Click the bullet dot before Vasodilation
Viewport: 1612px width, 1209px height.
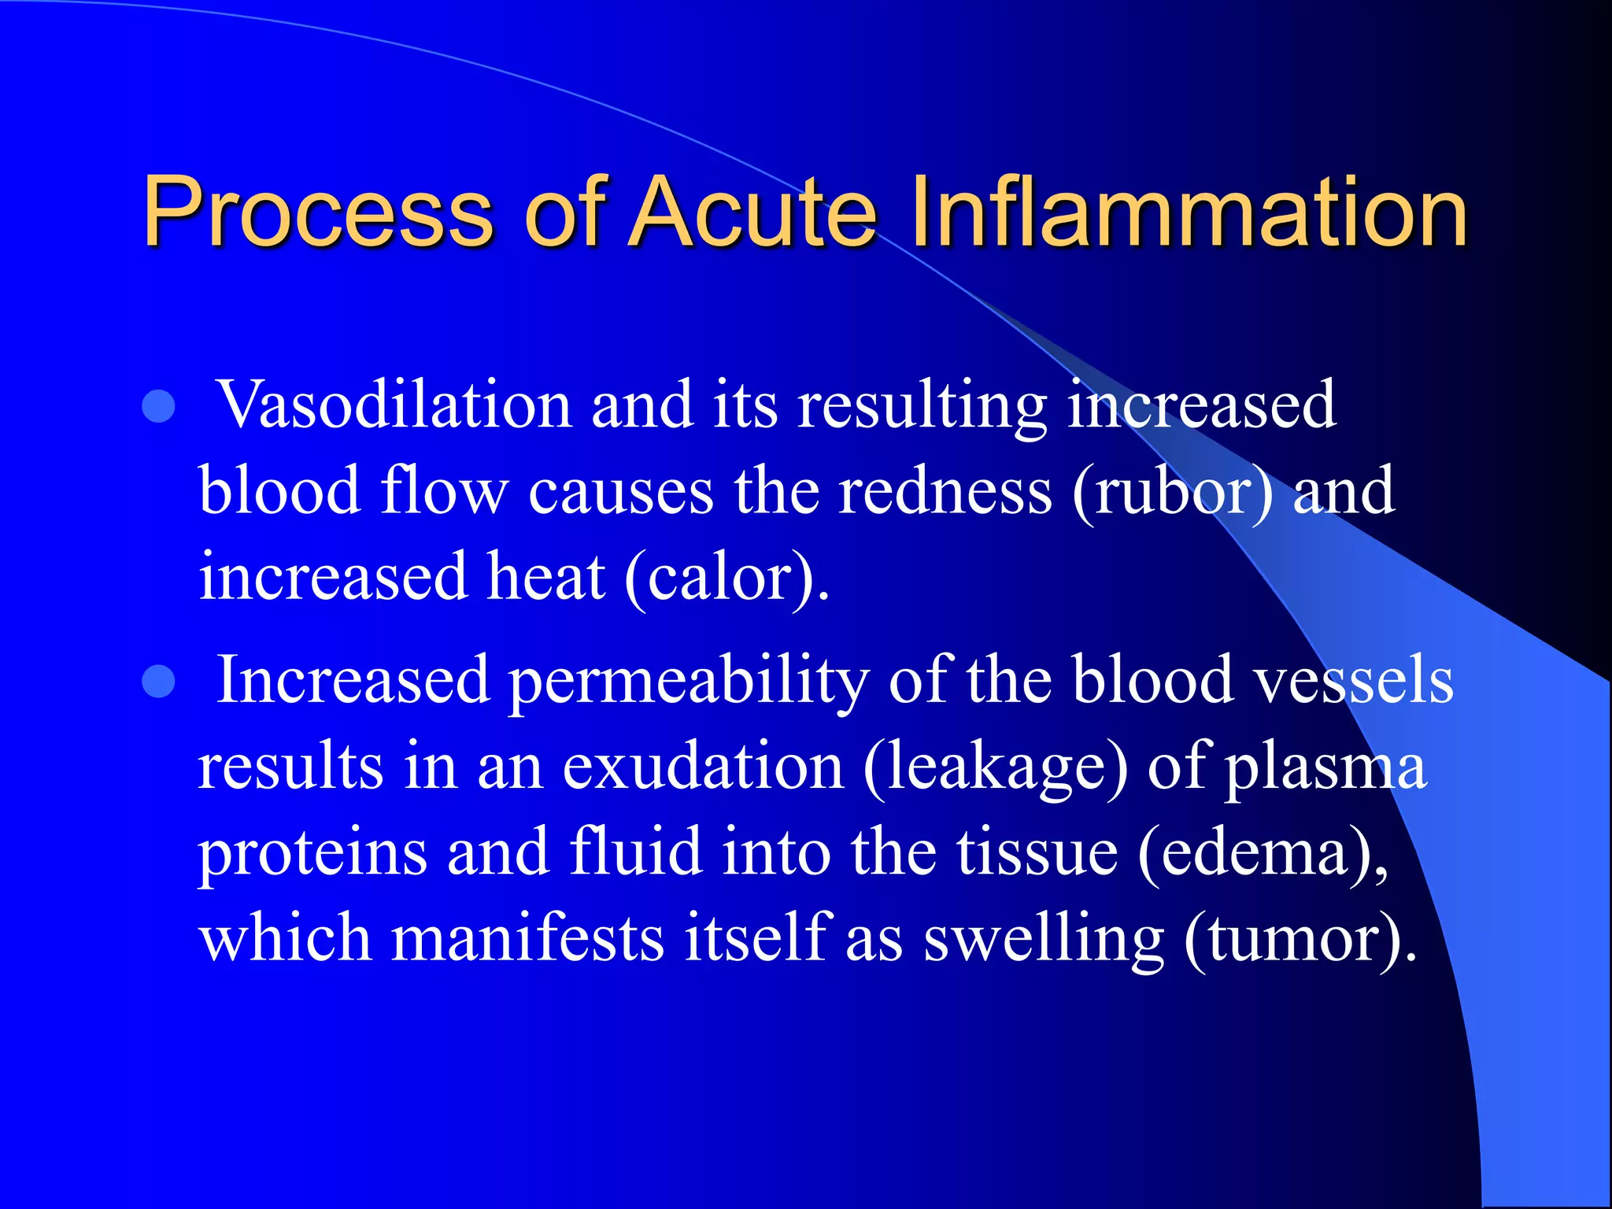(159, 407)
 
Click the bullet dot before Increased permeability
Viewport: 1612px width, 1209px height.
(159, 682)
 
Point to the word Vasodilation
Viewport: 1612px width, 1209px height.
(394, 405)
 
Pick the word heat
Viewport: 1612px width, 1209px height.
(546, 577)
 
